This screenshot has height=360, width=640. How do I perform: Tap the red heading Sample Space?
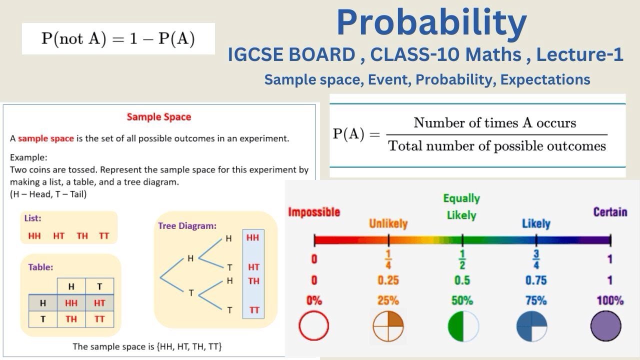point(159,117)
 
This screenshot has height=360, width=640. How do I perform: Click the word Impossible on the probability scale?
point(314,212)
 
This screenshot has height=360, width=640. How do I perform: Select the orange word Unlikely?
point(388,223)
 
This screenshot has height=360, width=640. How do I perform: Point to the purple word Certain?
point(610,212)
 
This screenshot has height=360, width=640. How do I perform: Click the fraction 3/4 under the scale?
point(536,259)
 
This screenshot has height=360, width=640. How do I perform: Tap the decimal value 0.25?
point(388,280)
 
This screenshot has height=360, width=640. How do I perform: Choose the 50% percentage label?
point(462,300)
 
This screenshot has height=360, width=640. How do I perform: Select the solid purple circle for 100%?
point(605,326)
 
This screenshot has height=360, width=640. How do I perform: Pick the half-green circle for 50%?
point(463,326)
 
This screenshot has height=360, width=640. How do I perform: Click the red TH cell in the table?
point(71,319)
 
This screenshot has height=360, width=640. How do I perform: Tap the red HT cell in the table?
point(99,303)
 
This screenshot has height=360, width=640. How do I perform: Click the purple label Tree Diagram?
point(187,225)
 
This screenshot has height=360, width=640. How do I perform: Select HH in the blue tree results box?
point(252,237)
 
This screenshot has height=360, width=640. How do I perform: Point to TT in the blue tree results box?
point(254,310)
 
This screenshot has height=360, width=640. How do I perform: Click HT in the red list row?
point(59,236)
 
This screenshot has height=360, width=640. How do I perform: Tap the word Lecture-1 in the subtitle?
point(579,54)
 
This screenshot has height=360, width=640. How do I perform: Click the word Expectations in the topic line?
point(545,79)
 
